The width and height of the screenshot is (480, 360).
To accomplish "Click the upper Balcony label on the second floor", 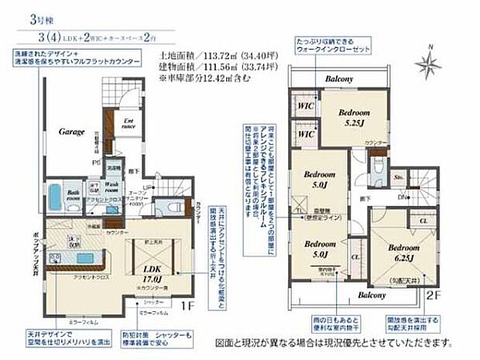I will point(340,79).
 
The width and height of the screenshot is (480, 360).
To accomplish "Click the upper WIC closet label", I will point(305,105).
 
